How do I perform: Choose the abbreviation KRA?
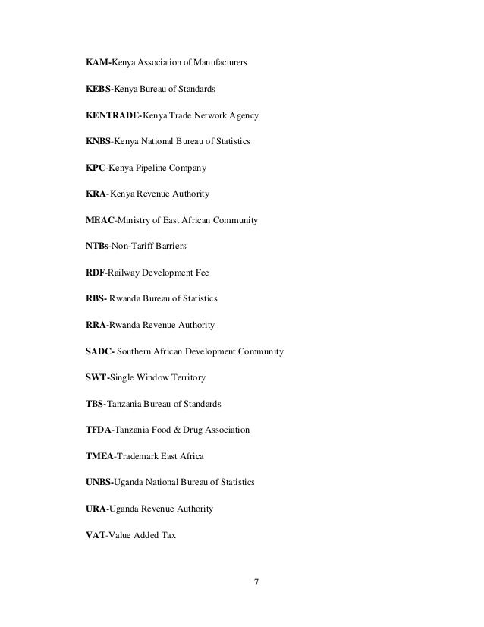pos(96,194)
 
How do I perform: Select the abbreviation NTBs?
pos(99,247)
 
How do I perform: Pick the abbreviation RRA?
pos(97,325)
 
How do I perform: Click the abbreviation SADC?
pos(100,351)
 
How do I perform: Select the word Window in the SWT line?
pos(159,377)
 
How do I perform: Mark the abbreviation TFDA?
pos(99,430)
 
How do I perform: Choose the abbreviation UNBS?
pos(99,482)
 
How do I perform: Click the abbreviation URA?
pos(97,509)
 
